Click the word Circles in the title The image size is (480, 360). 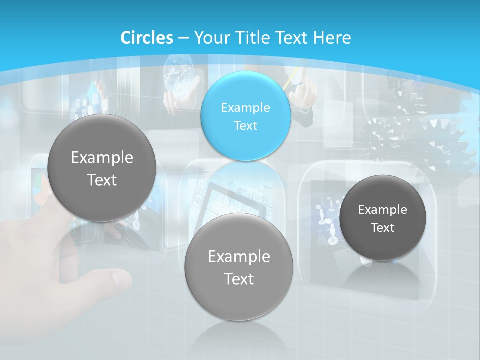(x=147, y=37)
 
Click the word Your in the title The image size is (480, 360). (x=212, y=38)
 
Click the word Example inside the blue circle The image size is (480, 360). (x=245, y=107)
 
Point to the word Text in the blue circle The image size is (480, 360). (x=245, y=125)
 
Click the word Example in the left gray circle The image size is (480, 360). (x=102, y=158)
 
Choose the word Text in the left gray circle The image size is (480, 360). (x=102, y=180)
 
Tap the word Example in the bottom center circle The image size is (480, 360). (x=239, y=257)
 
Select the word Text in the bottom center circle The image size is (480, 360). (x=239, y=279)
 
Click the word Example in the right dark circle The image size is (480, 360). (x=383, y=210)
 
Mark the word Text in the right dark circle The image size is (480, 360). (x=383, y=228)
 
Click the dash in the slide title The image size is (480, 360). (x=183, y=38)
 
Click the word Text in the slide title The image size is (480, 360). (x=292, y=37)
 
